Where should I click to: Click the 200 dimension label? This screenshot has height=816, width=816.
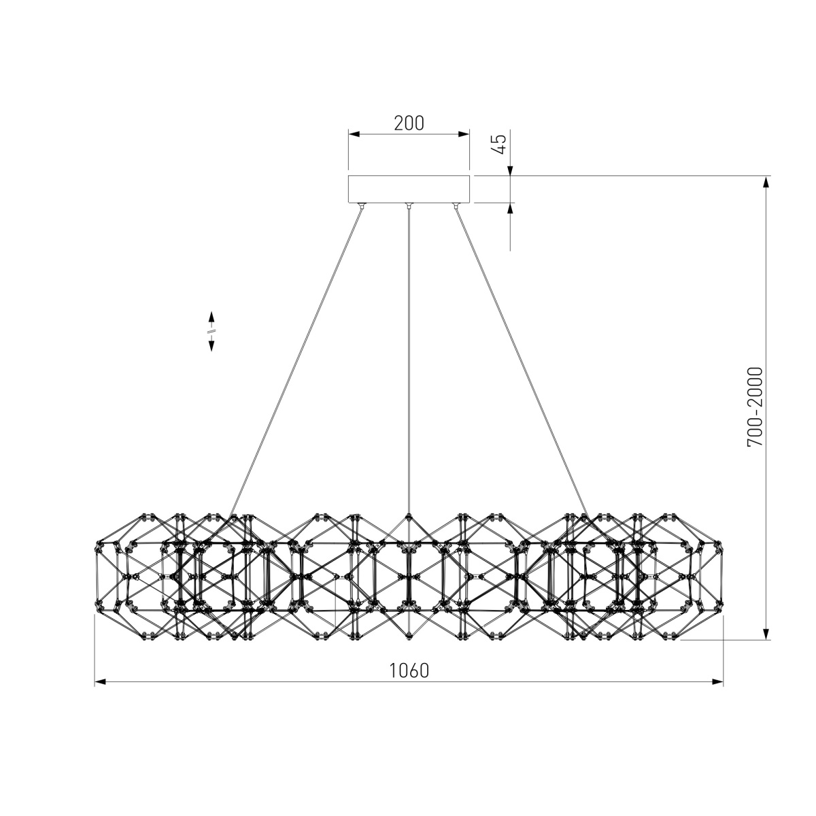tap(409, 123)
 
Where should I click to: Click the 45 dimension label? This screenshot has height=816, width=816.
tap(500, 144)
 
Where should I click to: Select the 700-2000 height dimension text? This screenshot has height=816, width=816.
tap(755, 407)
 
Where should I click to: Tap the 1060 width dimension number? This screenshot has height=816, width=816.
tap(409, 670)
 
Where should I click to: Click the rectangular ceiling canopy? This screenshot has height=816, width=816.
tap(409, 189)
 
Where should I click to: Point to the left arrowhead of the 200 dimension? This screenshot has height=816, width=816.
tap(354, 134)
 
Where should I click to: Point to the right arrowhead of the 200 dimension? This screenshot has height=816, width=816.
tap(464, 134)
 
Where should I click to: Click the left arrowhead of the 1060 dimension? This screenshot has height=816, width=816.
tap(100, 682)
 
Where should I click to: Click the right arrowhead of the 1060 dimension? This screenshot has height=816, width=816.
tap(717, 682)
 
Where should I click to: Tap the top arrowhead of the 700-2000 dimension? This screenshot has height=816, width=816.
tap(766, 182)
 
